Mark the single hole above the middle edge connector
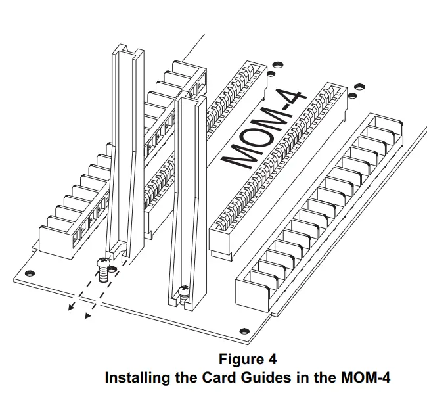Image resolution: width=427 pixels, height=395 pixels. pos(277,65)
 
